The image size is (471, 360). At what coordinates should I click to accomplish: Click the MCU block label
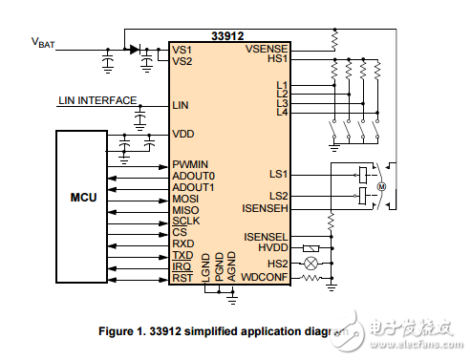click(x=84, y=198)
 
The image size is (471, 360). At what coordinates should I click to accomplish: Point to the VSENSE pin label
click(x=267, y=49)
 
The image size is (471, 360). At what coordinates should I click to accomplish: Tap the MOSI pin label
click(x=186, y=199)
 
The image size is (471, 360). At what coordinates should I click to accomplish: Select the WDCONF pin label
click(x=266, y=278)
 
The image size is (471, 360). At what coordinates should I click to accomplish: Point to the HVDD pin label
click(x=273, y=247)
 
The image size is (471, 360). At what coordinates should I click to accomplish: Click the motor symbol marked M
click(x=379, y=186)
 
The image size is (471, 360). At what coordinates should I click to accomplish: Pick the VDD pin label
click(x=182, y=134)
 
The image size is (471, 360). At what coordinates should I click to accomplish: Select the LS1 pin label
click(x=278, y=175)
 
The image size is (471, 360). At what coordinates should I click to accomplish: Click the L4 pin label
click(x=281, y=112)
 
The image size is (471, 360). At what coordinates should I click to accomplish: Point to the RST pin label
click(x=182, y=278)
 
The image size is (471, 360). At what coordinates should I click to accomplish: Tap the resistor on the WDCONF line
click(x=310, y=278)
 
